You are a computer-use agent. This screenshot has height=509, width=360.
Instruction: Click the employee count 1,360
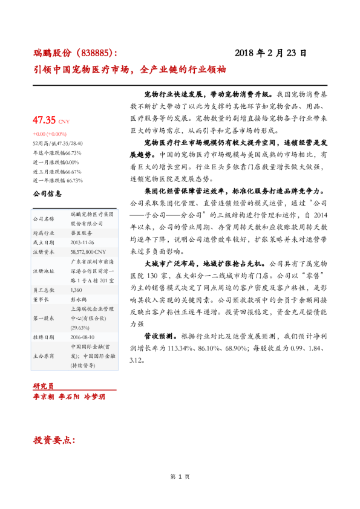pyautogui.click(x=77, y=290)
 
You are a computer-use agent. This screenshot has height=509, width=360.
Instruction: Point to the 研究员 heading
pyautogui.click(x=44, y=386)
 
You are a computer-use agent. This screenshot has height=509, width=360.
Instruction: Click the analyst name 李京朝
pyautogui.click(x=44, y=396)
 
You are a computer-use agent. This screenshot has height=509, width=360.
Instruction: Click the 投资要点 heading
pyautogui.click(x=54, y=439)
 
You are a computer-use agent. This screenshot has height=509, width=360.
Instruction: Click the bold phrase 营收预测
pyautogui.click(x=160, y=334)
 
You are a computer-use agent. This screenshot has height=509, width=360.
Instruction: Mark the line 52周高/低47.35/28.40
pyautogui.click(x=58, y=144)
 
